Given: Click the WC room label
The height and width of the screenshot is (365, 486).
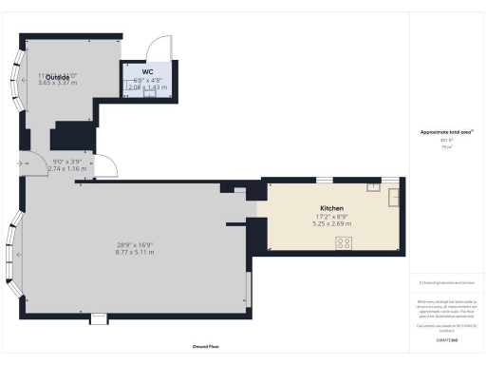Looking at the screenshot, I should (x=146, y=71).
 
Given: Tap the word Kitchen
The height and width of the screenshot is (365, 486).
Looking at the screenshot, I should (x=331, y=207).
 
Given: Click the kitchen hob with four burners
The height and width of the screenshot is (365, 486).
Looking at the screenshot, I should (x=343, y=243).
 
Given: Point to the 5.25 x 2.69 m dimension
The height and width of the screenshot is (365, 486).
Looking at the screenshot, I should (x=331, y=225).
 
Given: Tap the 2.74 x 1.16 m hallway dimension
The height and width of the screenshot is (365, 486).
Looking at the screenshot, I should (x=67, y=168).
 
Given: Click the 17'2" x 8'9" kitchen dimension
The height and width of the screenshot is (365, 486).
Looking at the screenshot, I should (x=331, y=217).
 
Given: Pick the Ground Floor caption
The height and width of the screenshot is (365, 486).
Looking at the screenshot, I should (x=207, y=348).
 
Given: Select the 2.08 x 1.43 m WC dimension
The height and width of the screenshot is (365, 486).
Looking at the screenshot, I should (x=146, y=87).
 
